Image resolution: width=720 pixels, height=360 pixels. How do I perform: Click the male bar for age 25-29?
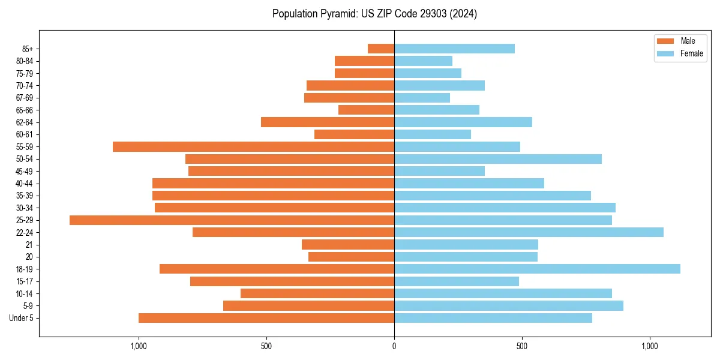point(232,220)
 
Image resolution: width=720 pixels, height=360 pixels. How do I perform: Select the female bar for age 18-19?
point(537,269)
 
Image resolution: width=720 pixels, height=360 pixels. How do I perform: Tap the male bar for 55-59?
point(253,147)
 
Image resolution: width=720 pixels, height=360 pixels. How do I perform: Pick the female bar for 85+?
point(454,49)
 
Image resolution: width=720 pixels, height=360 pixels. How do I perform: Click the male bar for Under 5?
point(266,318)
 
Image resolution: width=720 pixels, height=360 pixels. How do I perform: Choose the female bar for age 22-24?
point(529,232)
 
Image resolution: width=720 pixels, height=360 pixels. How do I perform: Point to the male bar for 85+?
point(381,49)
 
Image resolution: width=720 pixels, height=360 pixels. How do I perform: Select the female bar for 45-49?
point(439,171)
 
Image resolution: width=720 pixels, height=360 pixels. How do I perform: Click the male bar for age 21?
point(348,245)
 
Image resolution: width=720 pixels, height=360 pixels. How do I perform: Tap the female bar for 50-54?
point(498,159)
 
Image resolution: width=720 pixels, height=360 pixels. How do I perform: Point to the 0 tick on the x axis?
point(394,346)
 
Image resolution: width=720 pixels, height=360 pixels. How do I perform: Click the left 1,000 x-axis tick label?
point(139,346)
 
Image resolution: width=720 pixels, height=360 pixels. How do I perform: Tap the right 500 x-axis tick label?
point(522,346)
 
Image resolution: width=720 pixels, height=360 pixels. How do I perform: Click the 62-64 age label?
point(25,122)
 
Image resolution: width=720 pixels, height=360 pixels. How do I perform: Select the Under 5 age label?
point(22,318)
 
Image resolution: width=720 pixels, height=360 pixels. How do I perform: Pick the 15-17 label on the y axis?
point(25,281)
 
